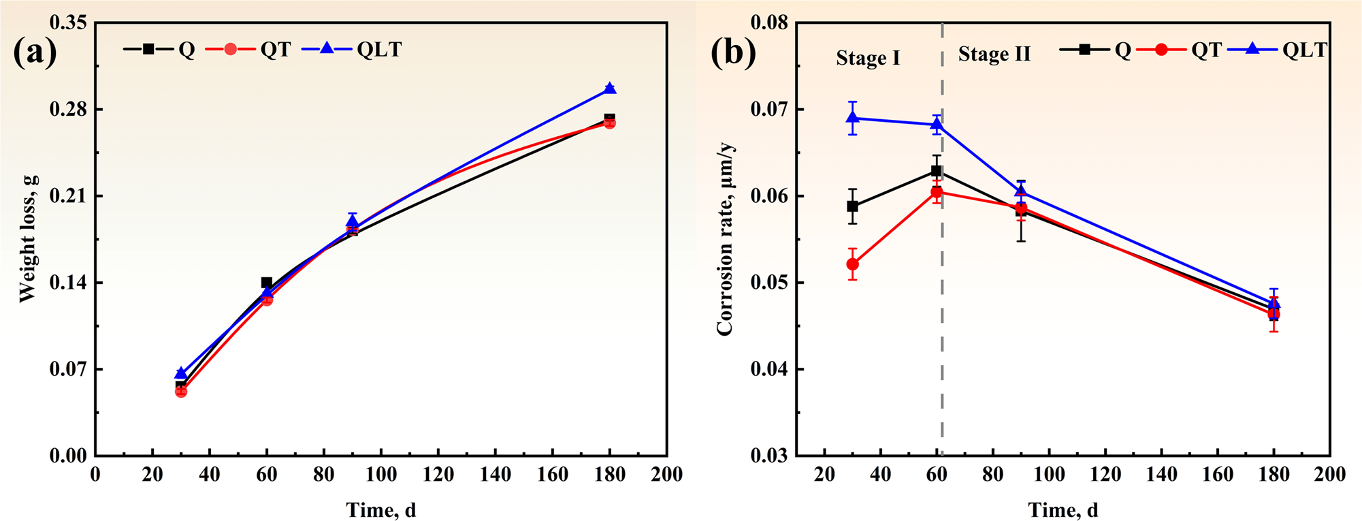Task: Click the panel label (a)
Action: [x=35, y=52]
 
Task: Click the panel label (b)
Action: [x=733, y=52]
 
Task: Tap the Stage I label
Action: [x=868, y=58]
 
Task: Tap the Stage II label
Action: [x=994, y=54]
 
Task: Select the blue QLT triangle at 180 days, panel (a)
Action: [x=609, y=88]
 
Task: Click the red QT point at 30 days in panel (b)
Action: [x=852, y=264]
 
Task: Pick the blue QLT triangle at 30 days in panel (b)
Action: [x=852, y=117]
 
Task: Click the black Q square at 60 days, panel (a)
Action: [x=267, y=283]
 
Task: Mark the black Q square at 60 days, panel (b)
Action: [x=937, y=170]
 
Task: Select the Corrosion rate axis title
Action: [x=725, y=238]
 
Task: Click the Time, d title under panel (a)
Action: [x=380, y=509]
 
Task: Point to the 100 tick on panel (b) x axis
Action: [x=1049, y=474]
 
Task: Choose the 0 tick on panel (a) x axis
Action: [x=95, y=474]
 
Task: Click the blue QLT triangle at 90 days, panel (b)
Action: [x=1020, y=191]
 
